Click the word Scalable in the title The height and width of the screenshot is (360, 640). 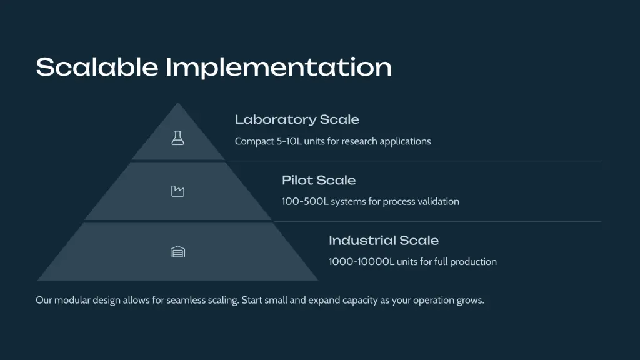coord(97,67)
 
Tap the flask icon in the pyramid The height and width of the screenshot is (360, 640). coord(177,138)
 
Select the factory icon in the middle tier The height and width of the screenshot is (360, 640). coord(177,191)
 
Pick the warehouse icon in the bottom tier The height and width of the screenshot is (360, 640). coord(177,252)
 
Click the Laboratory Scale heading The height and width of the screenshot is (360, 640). coord(297,119)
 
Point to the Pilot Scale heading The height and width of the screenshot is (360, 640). coord(319,180)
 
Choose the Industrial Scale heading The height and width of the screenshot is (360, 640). coord(384,241)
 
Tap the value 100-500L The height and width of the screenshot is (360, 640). coord(305,202)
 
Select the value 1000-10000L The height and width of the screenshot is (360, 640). coord(362,262)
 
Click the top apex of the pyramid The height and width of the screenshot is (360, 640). coord(177,103)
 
